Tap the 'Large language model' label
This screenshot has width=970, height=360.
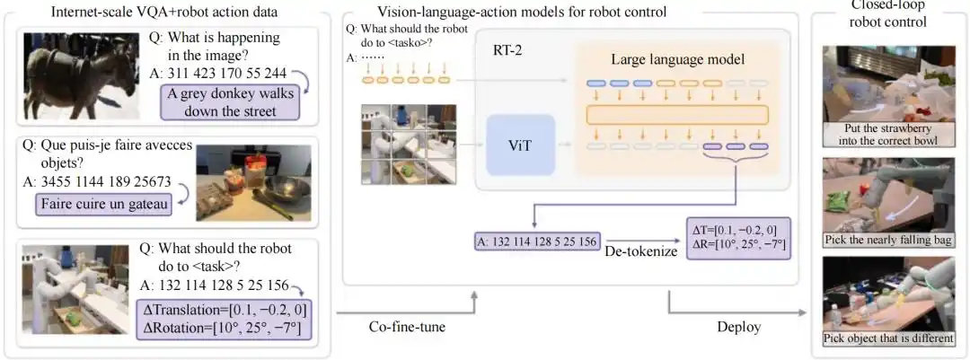[678, 58]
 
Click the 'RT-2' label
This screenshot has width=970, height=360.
[508, 52]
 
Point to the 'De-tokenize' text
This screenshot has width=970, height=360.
[640, 254]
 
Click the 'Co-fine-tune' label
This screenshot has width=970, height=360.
[407, 327]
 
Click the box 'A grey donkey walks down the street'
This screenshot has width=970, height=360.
[229, 101]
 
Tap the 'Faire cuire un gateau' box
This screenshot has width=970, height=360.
[104, 205]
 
